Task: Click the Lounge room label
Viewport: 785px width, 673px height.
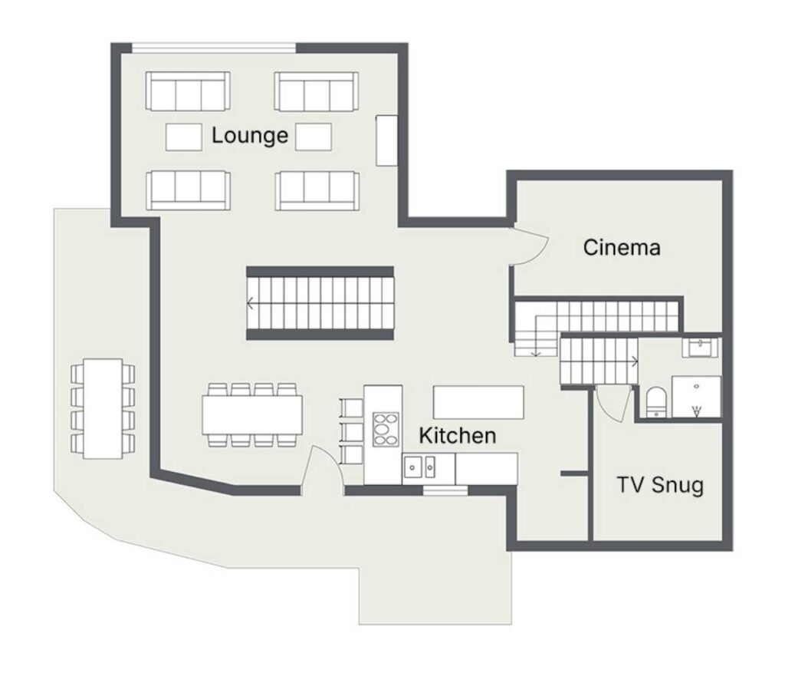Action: coord(250,136)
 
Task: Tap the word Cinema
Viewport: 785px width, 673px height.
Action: coord(622,248)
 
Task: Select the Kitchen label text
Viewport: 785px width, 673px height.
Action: coord(458,435)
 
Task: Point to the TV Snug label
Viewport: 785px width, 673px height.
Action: coord(660,485)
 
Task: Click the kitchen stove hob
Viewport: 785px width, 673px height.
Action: coord(386,430)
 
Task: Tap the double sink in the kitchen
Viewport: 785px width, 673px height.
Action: coord(419,468)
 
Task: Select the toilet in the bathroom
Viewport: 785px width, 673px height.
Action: coord(655,401)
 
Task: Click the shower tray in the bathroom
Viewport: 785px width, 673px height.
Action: coord(697,397)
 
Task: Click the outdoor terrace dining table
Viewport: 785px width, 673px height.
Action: coord(103,408)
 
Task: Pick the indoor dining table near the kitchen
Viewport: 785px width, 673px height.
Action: coord(252,415)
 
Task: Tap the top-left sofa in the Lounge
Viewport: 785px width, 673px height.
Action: coord(188,91)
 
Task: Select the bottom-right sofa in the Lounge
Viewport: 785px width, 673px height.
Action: coord(317,190)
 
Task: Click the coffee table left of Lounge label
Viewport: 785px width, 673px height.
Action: coord(184,137)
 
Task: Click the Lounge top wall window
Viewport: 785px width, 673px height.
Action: coord(214,48)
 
